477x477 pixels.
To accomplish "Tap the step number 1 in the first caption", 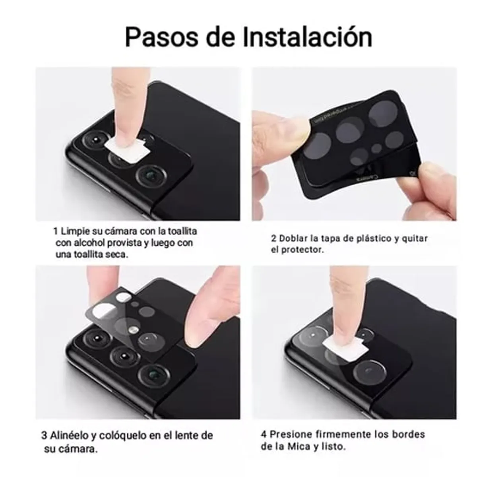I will point(56,231).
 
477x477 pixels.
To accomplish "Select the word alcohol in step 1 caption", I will point(89,243).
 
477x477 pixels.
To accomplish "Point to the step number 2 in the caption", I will point(274,238).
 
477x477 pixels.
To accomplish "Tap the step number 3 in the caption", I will point(45,435).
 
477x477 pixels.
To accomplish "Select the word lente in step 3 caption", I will point(184,435).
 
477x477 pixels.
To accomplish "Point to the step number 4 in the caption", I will point(264,434).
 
